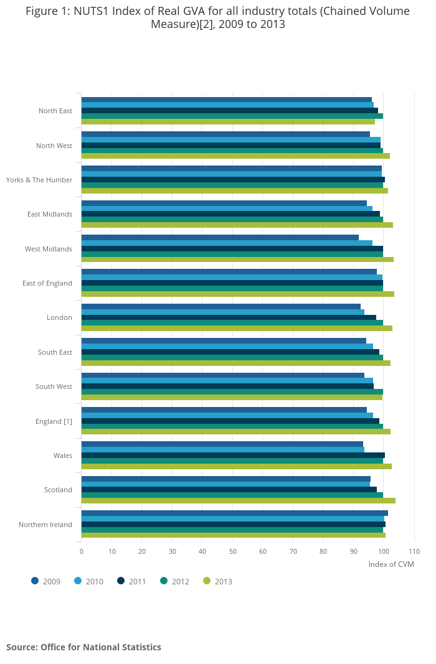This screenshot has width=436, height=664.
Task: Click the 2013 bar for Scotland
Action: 238,500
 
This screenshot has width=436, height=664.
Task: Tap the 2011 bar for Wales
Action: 233,455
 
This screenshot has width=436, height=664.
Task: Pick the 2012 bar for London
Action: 232,322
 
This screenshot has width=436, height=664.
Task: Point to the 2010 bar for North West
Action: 230,139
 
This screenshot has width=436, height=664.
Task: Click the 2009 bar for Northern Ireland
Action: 234,513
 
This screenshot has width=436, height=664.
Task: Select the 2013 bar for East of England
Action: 237,294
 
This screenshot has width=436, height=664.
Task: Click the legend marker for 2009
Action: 35,581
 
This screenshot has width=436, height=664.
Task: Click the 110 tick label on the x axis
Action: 414,551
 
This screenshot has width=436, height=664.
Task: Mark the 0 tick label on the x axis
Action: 81,551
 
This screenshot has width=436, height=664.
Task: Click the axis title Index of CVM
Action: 391,564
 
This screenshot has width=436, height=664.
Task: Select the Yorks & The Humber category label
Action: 39,180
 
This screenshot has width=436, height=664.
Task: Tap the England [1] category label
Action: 54,421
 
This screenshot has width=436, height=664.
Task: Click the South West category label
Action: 54,386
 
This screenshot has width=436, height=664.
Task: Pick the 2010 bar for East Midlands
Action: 227,208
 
